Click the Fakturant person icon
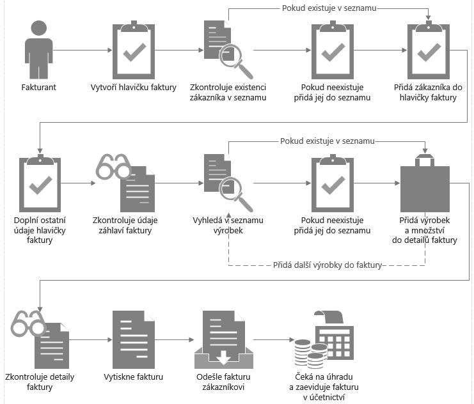(38, 50)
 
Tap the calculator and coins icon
(324, 339)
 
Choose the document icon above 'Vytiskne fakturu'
(133, 339)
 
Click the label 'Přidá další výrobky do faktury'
(328, 265)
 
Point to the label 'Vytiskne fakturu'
(133, 377)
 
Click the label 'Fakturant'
(38, 88)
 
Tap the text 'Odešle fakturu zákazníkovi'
(223, 382)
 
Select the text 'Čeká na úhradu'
(324, 377)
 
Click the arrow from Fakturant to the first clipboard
(83, 50)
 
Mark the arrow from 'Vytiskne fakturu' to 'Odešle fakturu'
(175, 340)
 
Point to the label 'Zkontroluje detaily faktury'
(40, 382)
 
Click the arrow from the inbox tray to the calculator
(274, 340)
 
